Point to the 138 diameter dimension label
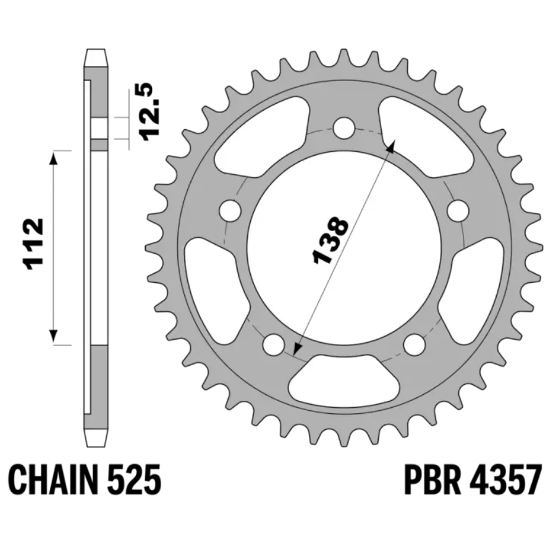point(330,240)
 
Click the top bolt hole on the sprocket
point(344,127)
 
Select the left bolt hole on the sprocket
point(230,210)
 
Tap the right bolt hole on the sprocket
point(458,210)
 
